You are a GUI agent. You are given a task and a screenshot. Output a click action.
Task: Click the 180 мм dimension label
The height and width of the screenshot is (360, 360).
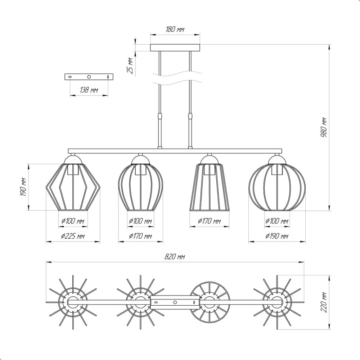[175, 30]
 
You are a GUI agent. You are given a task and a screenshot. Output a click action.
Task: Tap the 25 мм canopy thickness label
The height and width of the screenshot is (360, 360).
[130, 66]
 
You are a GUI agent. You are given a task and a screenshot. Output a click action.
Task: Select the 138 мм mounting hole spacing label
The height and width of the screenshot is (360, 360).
[89, 90]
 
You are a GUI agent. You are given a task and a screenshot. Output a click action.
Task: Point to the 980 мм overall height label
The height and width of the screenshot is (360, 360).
[324, 127]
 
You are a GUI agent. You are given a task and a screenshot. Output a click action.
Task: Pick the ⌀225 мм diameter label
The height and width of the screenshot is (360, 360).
[73, 236]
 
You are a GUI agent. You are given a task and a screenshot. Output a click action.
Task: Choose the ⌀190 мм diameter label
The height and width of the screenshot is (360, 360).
[276, 236]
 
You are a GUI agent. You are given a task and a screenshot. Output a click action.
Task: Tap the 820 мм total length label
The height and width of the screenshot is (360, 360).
[175, 256]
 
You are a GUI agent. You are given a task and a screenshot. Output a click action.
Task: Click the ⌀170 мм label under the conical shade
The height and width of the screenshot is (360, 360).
[209, 221]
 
